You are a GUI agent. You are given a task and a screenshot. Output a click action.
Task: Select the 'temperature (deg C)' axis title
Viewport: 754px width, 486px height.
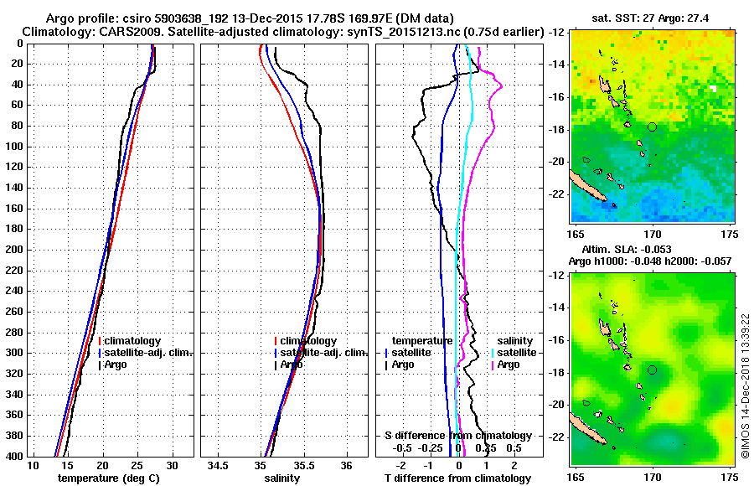pos(109,478)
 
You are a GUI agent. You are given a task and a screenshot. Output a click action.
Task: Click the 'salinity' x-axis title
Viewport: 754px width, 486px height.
pos(284,478)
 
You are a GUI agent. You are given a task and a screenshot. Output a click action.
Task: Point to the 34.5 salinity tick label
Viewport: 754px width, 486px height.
pos(220,465)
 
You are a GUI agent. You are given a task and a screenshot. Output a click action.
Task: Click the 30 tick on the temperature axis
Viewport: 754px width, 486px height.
pos(173,465)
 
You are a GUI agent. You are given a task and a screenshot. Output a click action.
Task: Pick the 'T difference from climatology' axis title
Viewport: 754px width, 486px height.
pos(457,478)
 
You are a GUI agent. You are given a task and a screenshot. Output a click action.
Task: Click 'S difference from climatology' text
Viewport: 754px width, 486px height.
pos(457,436)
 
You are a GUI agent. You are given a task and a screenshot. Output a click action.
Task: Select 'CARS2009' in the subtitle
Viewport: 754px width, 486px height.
pos(118,31)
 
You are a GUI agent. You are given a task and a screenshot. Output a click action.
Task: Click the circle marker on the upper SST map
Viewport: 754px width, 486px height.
pos(652,127)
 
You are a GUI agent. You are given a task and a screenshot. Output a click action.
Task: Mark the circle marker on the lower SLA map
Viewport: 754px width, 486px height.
pos(652,370)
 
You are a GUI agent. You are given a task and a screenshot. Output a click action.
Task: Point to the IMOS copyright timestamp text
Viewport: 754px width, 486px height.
pos(745,369)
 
